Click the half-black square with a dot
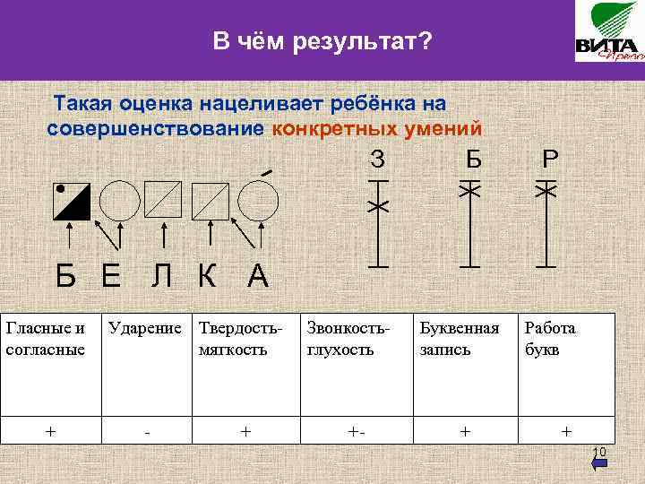coord(71,202)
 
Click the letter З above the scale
coord(378,160)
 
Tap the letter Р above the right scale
coord(550,160)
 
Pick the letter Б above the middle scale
coord(473,160)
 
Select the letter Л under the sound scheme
coord(162,276)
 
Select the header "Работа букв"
coord(550,338)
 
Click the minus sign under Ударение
coord(146,432)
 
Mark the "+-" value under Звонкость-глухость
coord(357,431)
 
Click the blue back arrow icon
coord(599,463)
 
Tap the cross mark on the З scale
coord(378,207)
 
